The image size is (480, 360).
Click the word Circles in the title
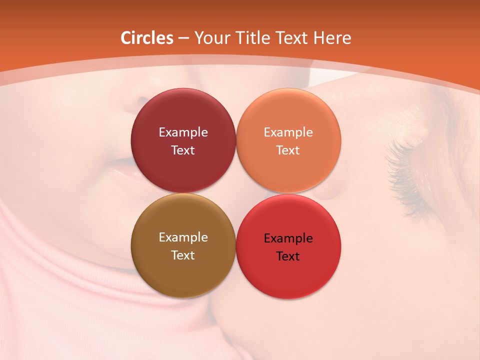(x=147, y=38)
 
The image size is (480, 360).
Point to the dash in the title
(x=183, y=38)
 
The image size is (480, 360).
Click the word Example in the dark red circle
(x=183, y=132)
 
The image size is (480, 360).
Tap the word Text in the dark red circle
(x=183, y=150)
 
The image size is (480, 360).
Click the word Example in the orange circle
(x=288, y=132)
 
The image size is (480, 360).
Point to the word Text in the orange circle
(x=288, y=150)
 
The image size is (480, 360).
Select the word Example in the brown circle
(x=183, y=237)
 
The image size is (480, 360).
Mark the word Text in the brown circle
(x=183, y=255)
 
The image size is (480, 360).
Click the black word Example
(x=288, y=238)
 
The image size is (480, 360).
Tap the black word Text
(x=288, y=256)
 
